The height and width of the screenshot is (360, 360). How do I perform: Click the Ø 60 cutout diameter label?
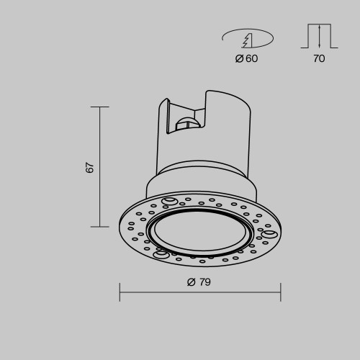pyautogui.click(x=246, y=58)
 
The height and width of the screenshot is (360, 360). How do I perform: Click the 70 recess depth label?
pyautogui.click(x=319, y=58)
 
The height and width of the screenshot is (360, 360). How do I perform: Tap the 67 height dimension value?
pyautogui.click(x=90, y=167)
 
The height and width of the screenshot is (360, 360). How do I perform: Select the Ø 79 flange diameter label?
pyautogui.click(x=199, y=282)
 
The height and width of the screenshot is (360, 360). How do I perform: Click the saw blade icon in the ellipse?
pyautogui.click(x=247, y=40)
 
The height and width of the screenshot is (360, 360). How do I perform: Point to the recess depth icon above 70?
pyautogui.click(x=319, y=36)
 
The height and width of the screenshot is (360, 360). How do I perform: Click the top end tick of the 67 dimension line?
pyautogui.click(x=100, y=107)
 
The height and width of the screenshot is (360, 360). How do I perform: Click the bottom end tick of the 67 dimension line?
pyautogui.click(x=100, y=227)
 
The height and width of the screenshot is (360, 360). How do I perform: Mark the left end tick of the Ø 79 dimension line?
pyautogui.click(x=120, y=292)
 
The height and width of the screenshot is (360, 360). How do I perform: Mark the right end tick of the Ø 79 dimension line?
pyautogui.click(x=281, y=292)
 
